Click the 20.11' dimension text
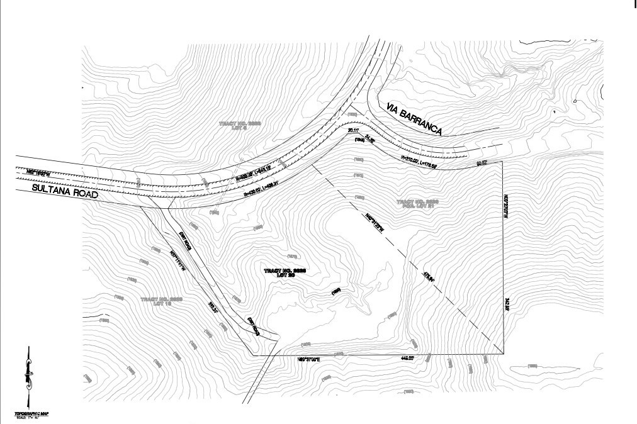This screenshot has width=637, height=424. [x=355, y=130]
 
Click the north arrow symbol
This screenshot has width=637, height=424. [x=28, y=375]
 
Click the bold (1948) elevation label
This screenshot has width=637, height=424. [x=361, y=139]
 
